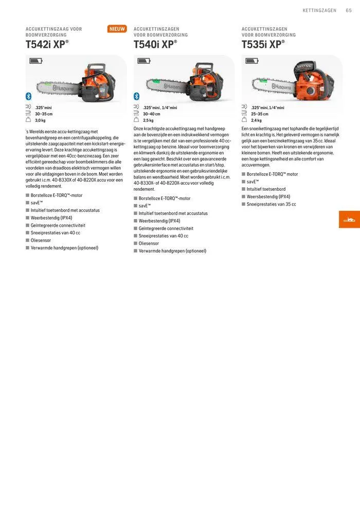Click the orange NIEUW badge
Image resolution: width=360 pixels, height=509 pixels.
117,29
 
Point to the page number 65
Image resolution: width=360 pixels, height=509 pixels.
349,10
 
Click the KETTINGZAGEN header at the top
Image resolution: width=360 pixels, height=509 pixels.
319,10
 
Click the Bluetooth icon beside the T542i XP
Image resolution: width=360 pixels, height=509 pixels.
29,96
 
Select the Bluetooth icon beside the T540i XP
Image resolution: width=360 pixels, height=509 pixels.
137,96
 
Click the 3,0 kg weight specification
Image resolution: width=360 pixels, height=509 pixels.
40,120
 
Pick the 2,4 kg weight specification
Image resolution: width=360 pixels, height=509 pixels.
256,120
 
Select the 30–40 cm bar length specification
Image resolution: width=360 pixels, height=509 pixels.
151,114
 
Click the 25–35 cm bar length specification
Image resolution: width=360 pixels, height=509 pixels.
260,114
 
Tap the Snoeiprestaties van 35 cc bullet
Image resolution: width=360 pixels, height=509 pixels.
271,204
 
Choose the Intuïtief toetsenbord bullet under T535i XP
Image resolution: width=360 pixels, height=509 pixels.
266,189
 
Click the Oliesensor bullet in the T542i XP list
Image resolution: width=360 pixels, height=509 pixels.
43,240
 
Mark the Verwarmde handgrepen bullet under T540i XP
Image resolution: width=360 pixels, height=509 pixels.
172,251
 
